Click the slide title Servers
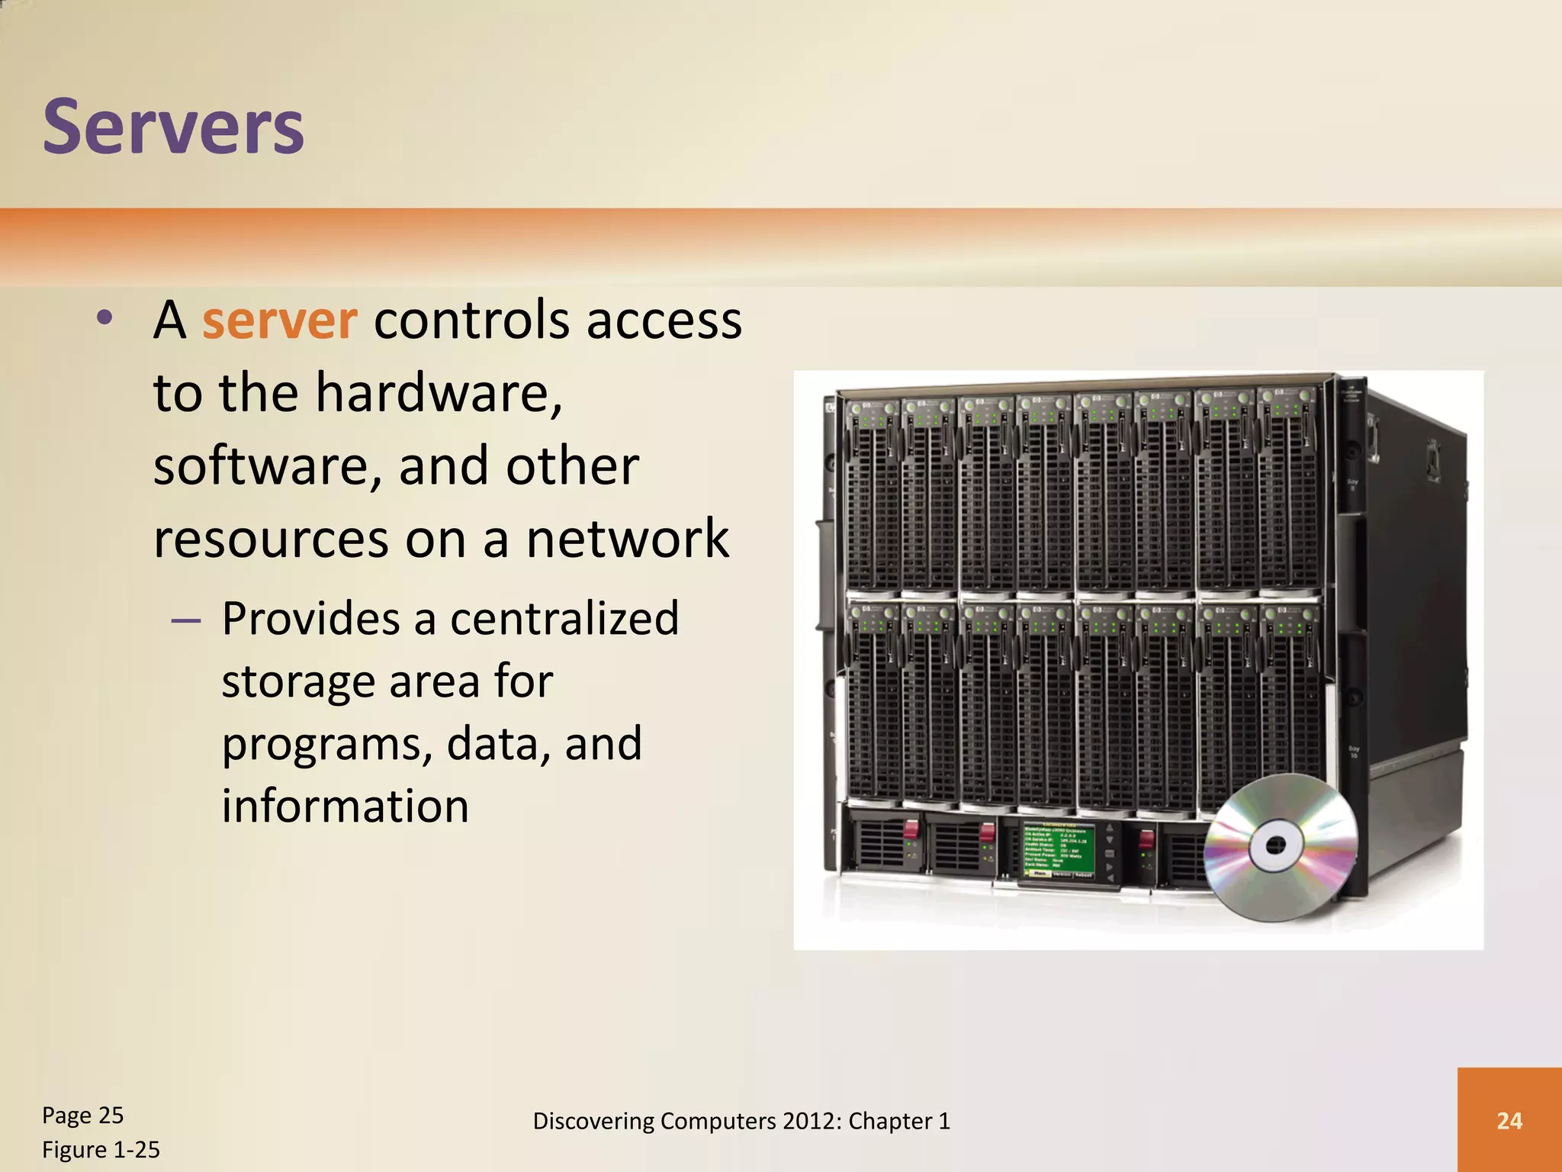pyautogui.click(x=173, y=127)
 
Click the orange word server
pyautogui.click(x=279, y=320)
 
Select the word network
pyautogui.click(x=627, y=539)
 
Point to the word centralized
pyautogui.click(x=564, y=618)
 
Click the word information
pyautogui.click(x=345, y=806)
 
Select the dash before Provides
pyautogui.click(x=186, y=620)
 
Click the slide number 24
pyautogui.click(x=1509, y=1120)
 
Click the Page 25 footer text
pyautogui.click(x=82, y=1115)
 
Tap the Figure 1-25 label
pyautogui.click(x=101, y=1149)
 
